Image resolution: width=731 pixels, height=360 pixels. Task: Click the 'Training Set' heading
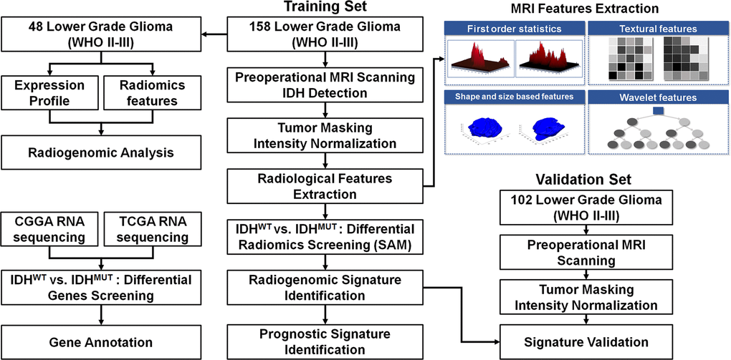click(325, 8)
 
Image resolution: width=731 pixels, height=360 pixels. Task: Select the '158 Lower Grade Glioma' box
click(325, 34)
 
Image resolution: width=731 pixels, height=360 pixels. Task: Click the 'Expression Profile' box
click(48, 93)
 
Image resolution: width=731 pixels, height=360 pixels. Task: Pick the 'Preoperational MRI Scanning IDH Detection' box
click(325, 86)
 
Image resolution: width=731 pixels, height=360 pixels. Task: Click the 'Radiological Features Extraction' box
click(325, 185)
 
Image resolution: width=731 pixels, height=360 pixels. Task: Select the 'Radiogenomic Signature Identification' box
click(325, 288)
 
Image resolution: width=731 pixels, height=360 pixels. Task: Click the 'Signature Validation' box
click(587, 341)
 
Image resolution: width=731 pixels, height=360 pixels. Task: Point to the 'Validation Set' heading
click(587, 179)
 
